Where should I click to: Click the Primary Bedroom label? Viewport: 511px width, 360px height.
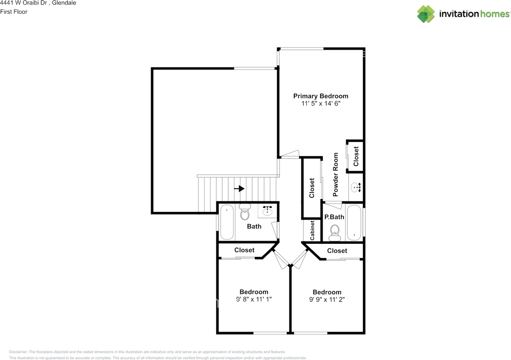coord(321,96)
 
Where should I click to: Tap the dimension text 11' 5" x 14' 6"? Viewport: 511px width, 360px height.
coord(321,103)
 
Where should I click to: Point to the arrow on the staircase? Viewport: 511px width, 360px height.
coord(239,189)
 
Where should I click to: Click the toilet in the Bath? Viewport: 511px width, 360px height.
coord(245,212)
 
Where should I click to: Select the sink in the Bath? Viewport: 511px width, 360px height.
coord(267,211)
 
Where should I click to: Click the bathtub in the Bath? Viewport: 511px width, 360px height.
coord(227,222)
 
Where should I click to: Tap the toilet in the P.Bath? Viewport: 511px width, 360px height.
coord(335,233)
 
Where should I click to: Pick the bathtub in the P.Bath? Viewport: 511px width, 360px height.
coord(354,222)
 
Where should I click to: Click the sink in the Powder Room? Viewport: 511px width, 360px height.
coord(356,187)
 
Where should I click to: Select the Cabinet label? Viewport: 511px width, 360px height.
coord(312,230)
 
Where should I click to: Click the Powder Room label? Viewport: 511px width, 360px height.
coord(335,175)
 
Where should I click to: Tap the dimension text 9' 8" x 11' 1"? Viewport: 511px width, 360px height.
coord(254,299)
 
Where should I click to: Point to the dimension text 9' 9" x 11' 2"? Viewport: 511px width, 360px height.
coord(327,300)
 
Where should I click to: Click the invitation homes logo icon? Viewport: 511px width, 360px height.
coord(426,14)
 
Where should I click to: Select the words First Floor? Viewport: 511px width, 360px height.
coord(14,12)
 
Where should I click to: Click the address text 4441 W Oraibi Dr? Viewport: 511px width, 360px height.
coord(24,3)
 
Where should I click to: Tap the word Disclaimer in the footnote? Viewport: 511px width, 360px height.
coord(18,352)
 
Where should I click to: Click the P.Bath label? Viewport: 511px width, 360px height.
coord(334,217)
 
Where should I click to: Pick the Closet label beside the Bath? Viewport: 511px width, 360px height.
coord(244,250)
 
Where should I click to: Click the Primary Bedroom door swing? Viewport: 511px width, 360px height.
coord(290,154)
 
